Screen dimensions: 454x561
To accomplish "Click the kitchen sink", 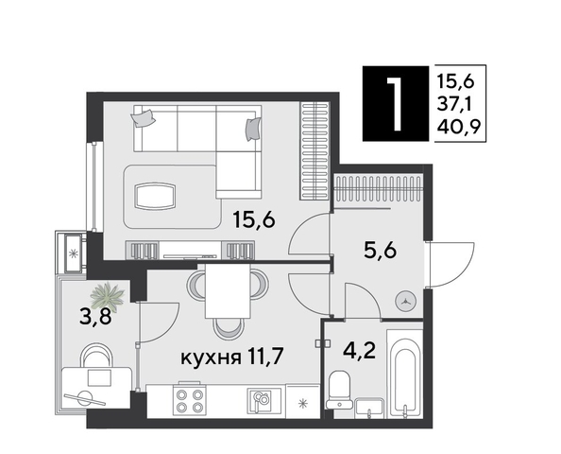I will (x=260, y=400).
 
